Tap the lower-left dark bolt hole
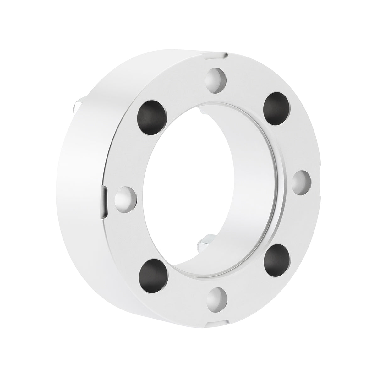pos(153,272)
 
